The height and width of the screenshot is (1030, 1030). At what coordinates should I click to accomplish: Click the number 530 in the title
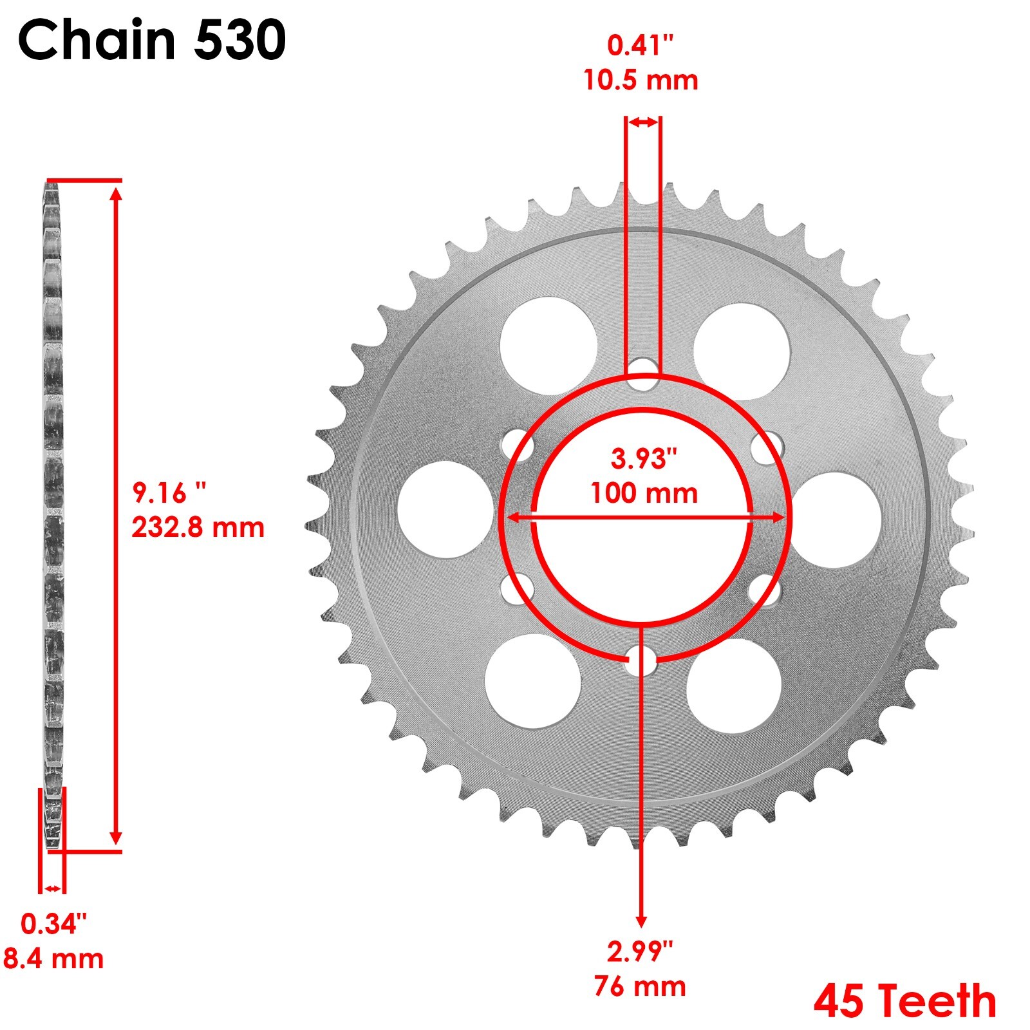pyautogui.click(x=239, y=40)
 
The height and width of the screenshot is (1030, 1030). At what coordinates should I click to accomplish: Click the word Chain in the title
pyautogui.click(x=97, y=40)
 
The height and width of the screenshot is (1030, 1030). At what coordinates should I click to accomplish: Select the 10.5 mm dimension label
pyautogui.click(x=641, y=81)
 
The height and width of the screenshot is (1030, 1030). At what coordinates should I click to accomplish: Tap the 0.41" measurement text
pyautogui.click(x=641, y=46)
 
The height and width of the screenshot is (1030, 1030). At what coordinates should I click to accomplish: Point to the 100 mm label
pyautogui.click(x=644, y=494)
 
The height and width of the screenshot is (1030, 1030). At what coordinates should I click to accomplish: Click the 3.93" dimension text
pyautogui.click(x=644, y=459)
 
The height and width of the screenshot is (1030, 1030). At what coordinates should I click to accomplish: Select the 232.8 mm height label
pyautogui.click(x=198, y=528)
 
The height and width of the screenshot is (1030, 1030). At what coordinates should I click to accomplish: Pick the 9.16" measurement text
pyautogui.click(x=169, y=493)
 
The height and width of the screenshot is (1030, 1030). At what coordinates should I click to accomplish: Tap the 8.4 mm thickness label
pyautogui.click(x=53, y=959)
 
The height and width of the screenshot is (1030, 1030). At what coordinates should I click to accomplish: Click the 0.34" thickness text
pyautogui.click(x=53, y=924)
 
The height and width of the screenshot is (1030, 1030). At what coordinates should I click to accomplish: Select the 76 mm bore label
pyautogui.click(x=641, y=986)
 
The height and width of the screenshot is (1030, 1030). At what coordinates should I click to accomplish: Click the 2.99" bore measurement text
pyautogui.click(x=641, y=951)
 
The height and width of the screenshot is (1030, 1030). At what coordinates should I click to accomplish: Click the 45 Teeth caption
pyautogui.click(x=904, y=1002)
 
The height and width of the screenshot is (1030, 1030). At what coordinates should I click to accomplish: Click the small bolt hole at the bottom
pyautogui.click(x=641, y=660)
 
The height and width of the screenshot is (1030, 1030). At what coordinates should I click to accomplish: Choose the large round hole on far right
pyautogui.click(x=834, y=520)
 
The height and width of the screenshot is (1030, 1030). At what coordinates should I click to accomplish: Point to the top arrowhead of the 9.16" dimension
pyautogui.click(x=116, y=193)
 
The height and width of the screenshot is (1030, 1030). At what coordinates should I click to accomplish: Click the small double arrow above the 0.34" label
pyautogui.click(x=52, y=889)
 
